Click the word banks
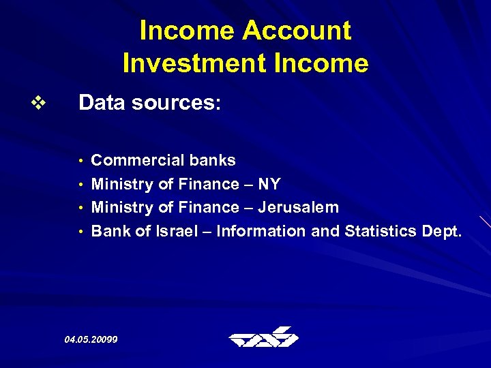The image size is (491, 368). [x=213, y=161]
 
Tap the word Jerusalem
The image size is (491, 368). [x=298, y=207]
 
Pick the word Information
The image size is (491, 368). [x=261, y=231]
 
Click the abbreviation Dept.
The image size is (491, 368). [x=443, y=232]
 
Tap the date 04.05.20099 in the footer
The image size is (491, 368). [x=91, y=339]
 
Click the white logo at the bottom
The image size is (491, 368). [x=264, y=337]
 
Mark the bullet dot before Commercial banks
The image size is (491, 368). [x=81, y=162]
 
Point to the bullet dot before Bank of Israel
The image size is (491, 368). [x=81, y=232]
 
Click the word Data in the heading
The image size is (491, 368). [x=101, y=103]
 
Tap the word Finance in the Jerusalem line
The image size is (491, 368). [x=208, y=207]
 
